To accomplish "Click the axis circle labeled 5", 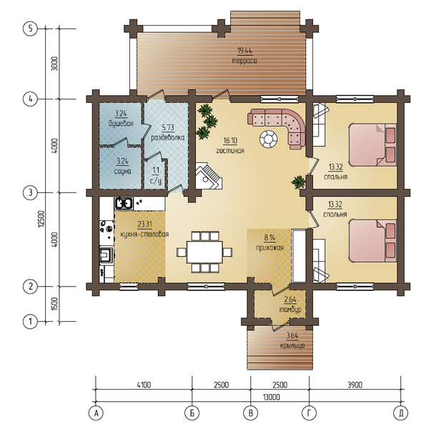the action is click(x=30, y=29).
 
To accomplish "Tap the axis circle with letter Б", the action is click(x=192, y=413).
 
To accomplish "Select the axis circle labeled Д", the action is click(x=401, y=413).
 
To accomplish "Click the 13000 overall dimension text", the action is click(x=272, y=397).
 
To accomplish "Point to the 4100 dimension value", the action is click(x=144, y=385).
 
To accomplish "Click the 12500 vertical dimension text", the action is click(x=41, y=219).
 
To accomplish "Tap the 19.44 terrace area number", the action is click(x=244, y=51).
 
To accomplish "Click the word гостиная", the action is click(x=230, y=151).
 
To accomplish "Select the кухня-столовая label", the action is click(x=144, y=235).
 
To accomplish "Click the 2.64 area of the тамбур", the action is click(x=290, y=300).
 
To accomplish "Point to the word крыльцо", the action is click(x=292, y=345).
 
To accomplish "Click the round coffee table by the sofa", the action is click(x=269, y=139).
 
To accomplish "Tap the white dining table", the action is click(x=204, y=252).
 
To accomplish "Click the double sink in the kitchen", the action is click(x=124, y=203).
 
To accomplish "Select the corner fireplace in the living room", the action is click(x=208, y=176).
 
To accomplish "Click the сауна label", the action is click(x=123, y=171).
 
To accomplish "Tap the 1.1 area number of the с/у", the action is click(x=156, y=170).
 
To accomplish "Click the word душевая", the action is click(x=121, y=123).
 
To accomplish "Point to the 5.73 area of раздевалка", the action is click(x=168, y=128).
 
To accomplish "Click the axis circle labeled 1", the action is click(x=30, y=322).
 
